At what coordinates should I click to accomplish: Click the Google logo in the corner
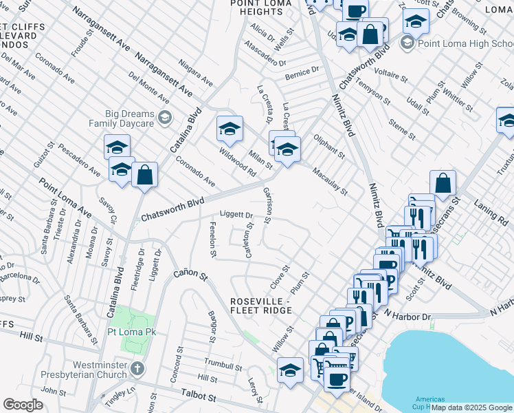tap(23, 405)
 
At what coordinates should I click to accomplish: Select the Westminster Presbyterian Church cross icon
tap(137, 368)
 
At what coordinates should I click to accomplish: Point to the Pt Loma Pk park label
tap(133, 332)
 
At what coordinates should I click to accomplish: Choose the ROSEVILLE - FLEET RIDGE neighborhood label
tap(262, 306)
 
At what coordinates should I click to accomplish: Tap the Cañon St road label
tap(190, 274)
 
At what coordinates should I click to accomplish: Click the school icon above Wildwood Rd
tap(230, 128)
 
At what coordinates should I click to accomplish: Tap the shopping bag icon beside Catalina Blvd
tap(144, 175)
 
